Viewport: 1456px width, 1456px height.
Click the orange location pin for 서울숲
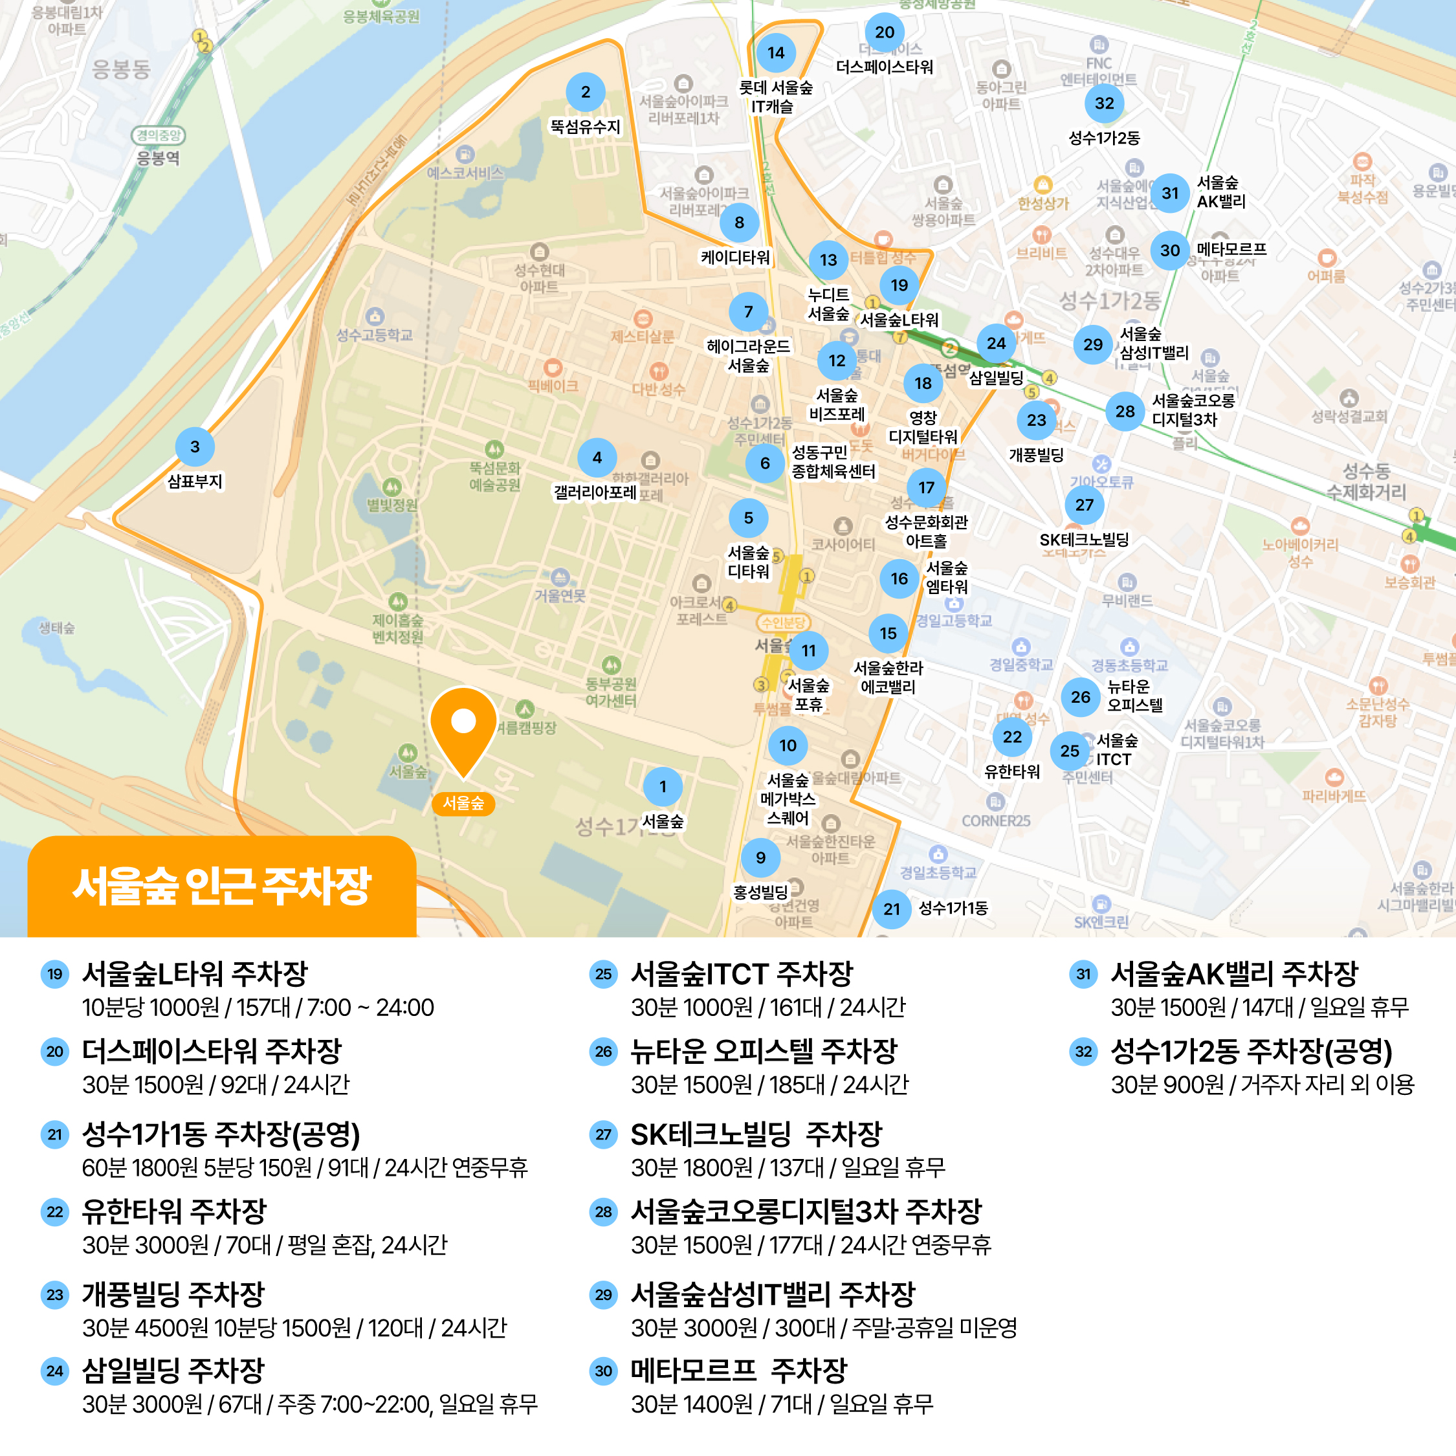point(463,727)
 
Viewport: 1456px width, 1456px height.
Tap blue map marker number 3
point(194,447)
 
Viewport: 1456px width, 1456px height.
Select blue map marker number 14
point(775,53)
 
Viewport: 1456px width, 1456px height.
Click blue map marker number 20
point(885,32)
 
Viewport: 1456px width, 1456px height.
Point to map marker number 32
point(1104,104)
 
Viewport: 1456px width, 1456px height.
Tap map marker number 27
point(1084,505)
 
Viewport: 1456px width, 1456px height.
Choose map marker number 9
point(760,857)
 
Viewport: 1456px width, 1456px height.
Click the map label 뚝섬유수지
point(585,127)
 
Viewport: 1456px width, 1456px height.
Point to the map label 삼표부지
point(194,481)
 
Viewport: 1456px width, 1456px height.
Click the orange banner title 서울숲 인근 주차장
point(221,887)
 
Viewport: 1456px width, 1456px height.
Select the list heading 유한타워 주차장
point(174,1212)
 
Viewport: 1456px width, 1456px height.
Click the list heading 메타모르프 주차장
point(738,1370)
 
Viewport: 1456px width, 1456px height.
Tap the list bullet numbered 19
point(55,974)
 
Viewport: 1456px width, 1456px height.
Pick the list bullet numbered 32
point(1083,1052)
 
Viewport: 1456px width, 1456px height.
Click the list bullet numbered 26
point(603,1052)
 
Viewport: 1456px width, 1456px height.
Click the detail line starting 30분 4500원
point(294,1328)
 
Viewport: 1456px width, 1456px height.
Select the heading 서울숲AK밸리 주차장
point(1233,974)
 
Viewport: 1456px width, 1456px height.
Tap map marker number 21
point(892,909)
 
